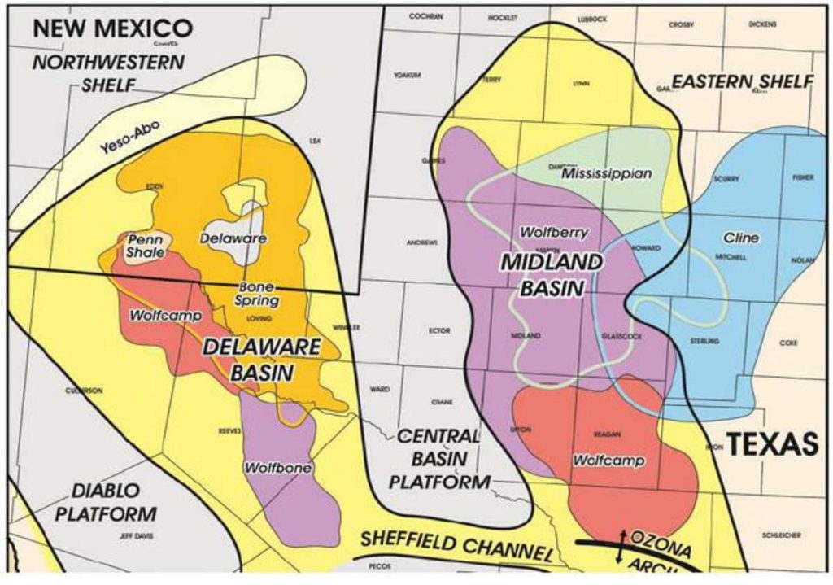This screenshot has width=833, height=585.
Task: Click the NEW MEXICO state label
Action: click(x=112, y=28)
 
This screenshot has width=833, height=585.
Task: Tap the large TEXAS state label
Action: click(x=771, y=444)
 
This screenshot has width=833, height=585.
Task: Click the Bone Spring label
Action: click(x=257, y=294)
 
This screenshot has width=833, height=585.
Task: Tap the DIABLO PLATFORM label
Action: click(x=113, y=502)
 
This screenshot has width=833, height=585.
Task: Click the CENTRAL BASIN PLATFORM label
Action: click(x=439, y=459)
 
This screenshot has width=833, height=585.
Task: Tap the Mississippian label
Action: click(x=607, y=174)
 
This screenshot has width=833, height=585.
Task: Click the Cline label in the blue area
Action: click(x=740, y=238)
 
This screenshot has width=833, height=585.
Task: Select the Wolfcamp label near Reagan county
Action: click(x=608, y=461)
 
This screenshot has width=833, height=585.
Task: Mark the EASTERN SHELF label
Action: click(x=742, y=81)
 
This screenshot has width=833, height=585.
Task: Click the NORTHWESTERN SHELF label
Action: click(x=108, y=72)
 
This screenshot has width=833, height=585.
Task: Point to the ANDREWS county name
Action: click(x=422, y=242)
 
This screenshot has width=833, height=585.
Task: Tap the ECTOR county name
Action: click(x=438, y=331)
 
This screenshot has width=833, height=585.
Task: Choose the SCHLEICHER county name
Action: click(x=781, y=535)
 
